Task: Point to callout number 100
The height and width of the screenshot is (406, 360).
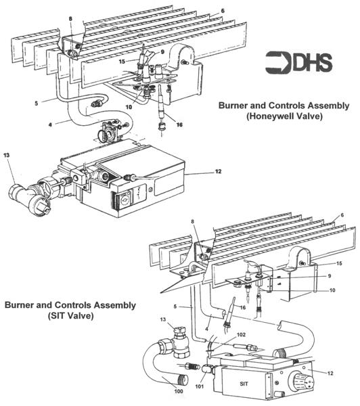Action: [178, 391]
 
